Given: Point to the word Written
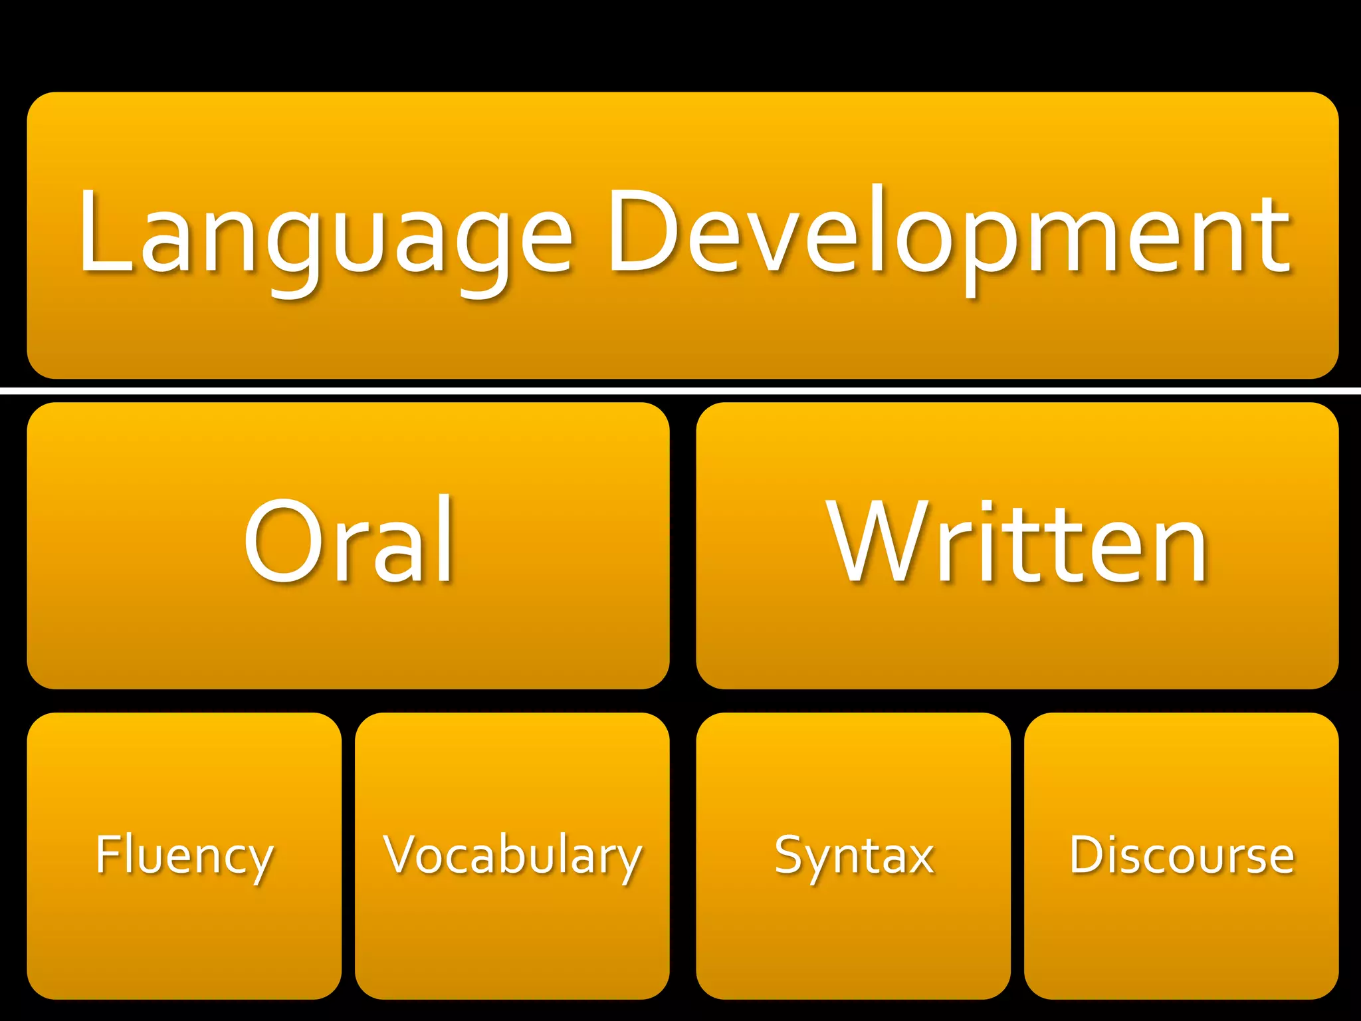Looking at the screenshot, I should tap(1017, 542).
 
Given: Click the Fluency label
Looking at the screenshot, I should tap(184, 855).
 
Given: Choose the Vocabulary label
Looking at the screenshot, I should tap(512, 855).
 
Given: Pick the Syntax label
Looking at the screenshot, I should tap(854, 855).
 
